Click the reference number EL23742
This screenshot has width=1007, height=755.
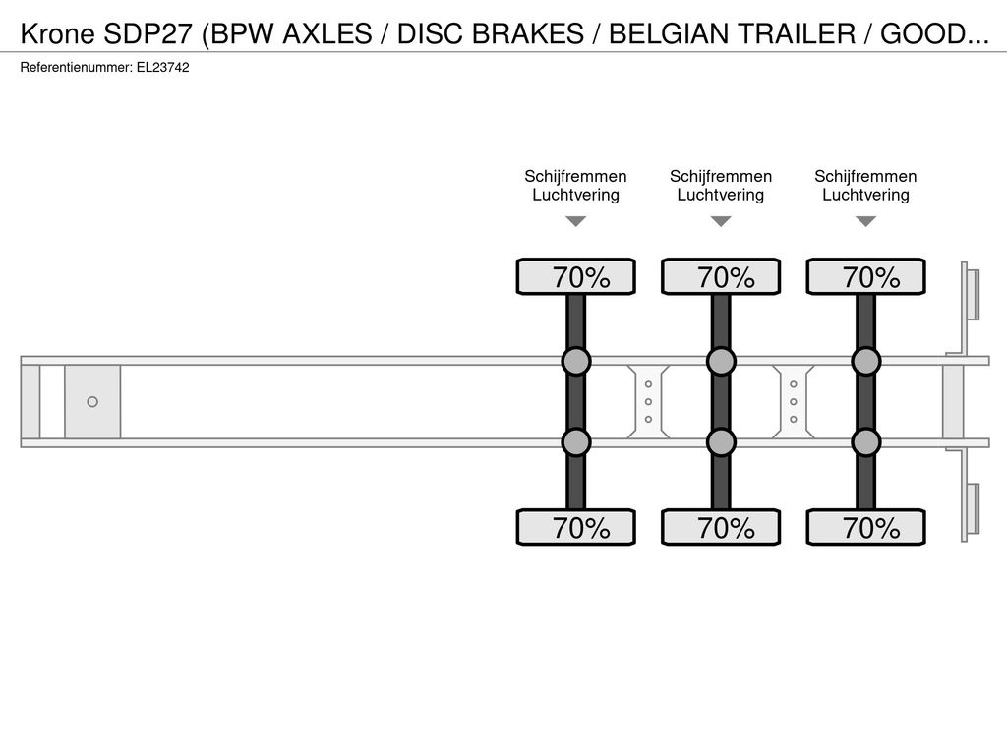point(162,68)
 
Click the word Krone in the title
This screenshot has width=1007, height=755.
point(58,33)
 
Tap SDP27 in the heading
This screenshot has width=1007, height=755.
point(148,33)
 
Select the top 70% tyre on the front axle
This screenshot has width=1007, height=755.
point(576,276)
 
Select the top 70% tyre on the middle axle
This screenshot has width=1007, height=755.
point(721,276)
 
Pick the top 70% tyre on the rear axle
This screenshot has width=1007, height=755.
point(866,276)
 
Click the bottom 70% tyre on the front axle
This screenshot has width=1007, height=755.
point(576,527)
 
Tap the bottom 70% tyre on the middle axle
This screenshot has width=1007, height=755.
point(721,527)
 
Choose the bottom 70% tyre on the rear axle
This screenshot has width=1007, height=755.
point(866,527)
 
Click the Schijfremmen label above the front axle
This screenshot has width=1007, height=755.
point(575,177)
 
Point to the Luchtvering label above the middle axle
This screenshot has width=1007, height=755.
point(721,196)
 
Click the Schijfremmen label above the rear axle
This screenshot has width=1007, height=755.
point(865,177)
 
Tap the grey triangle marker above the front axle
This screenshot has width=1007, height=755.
point(576,221)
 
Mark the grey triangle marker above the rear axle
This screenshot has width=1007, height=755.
point(866,221)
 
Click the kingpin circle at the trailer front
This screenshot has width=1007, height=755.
point(92,402)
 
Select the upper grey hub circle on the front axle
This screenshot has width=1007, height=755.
point(576,362)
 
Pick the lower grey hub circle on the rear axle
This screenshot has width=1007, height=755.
point(866,442)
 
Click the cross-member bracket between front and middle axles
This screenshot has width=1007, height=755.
point(649,402)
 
